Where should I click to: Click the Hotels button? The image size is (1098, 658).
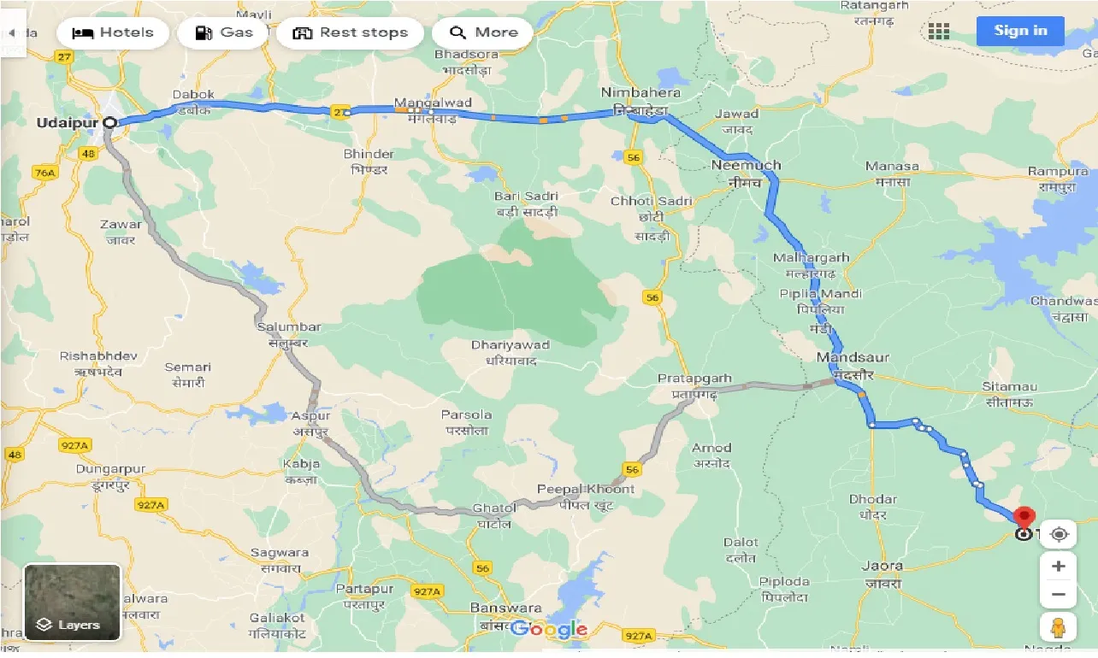(113, 33)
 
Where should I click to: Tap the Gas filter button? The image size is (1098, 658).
(223, 33)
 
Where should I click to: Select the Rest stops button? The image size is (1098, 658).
(350, 33)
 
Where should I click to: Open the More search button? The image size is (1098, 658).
(482, 33)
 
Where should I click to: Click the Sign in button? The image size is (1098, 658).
(1019, 31)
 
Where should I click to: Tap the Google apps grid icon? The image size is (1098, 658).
(939, 32)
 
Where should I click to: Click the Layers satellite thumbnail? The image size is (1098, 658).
(72, 602)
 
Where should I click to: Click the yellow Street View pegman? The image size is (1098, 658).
(1059, 626)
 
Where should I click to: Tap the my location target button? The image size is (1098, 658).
(1059, 535)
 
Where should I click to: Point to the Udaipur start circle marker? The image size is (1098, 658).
(109, 123)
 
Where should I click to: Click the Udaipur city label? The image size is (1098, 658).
(67, 123)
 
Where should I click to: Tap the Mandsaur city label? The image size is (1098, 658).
(852, 357)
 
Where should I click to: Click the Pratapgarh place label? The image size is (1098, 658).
(694, 378)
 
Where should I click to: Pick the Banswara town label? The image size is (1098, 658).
(494, 608)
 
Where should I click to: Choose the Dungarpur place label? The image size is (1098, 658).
(110, 469)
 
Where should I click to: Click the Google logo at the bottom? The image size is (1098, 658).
(548, 631)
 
